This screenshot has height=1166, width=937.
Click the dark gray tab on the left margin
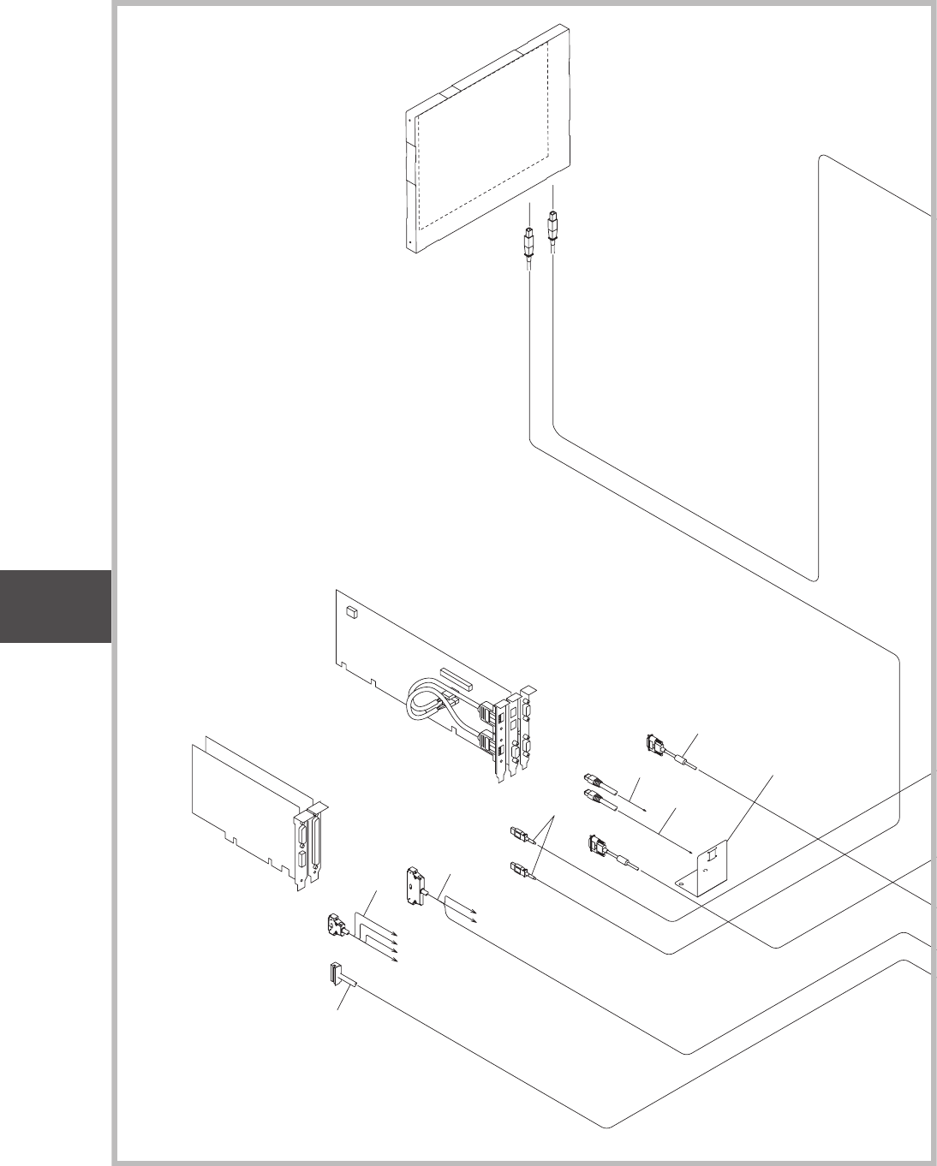coord(55,606)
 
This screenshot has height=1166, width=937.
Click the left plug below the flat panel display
coord(528,243)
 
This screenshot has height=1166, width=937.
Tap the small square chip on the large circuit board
coord(350,612)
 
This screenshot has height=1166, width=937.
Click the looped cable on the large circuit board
coord(423,698)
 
